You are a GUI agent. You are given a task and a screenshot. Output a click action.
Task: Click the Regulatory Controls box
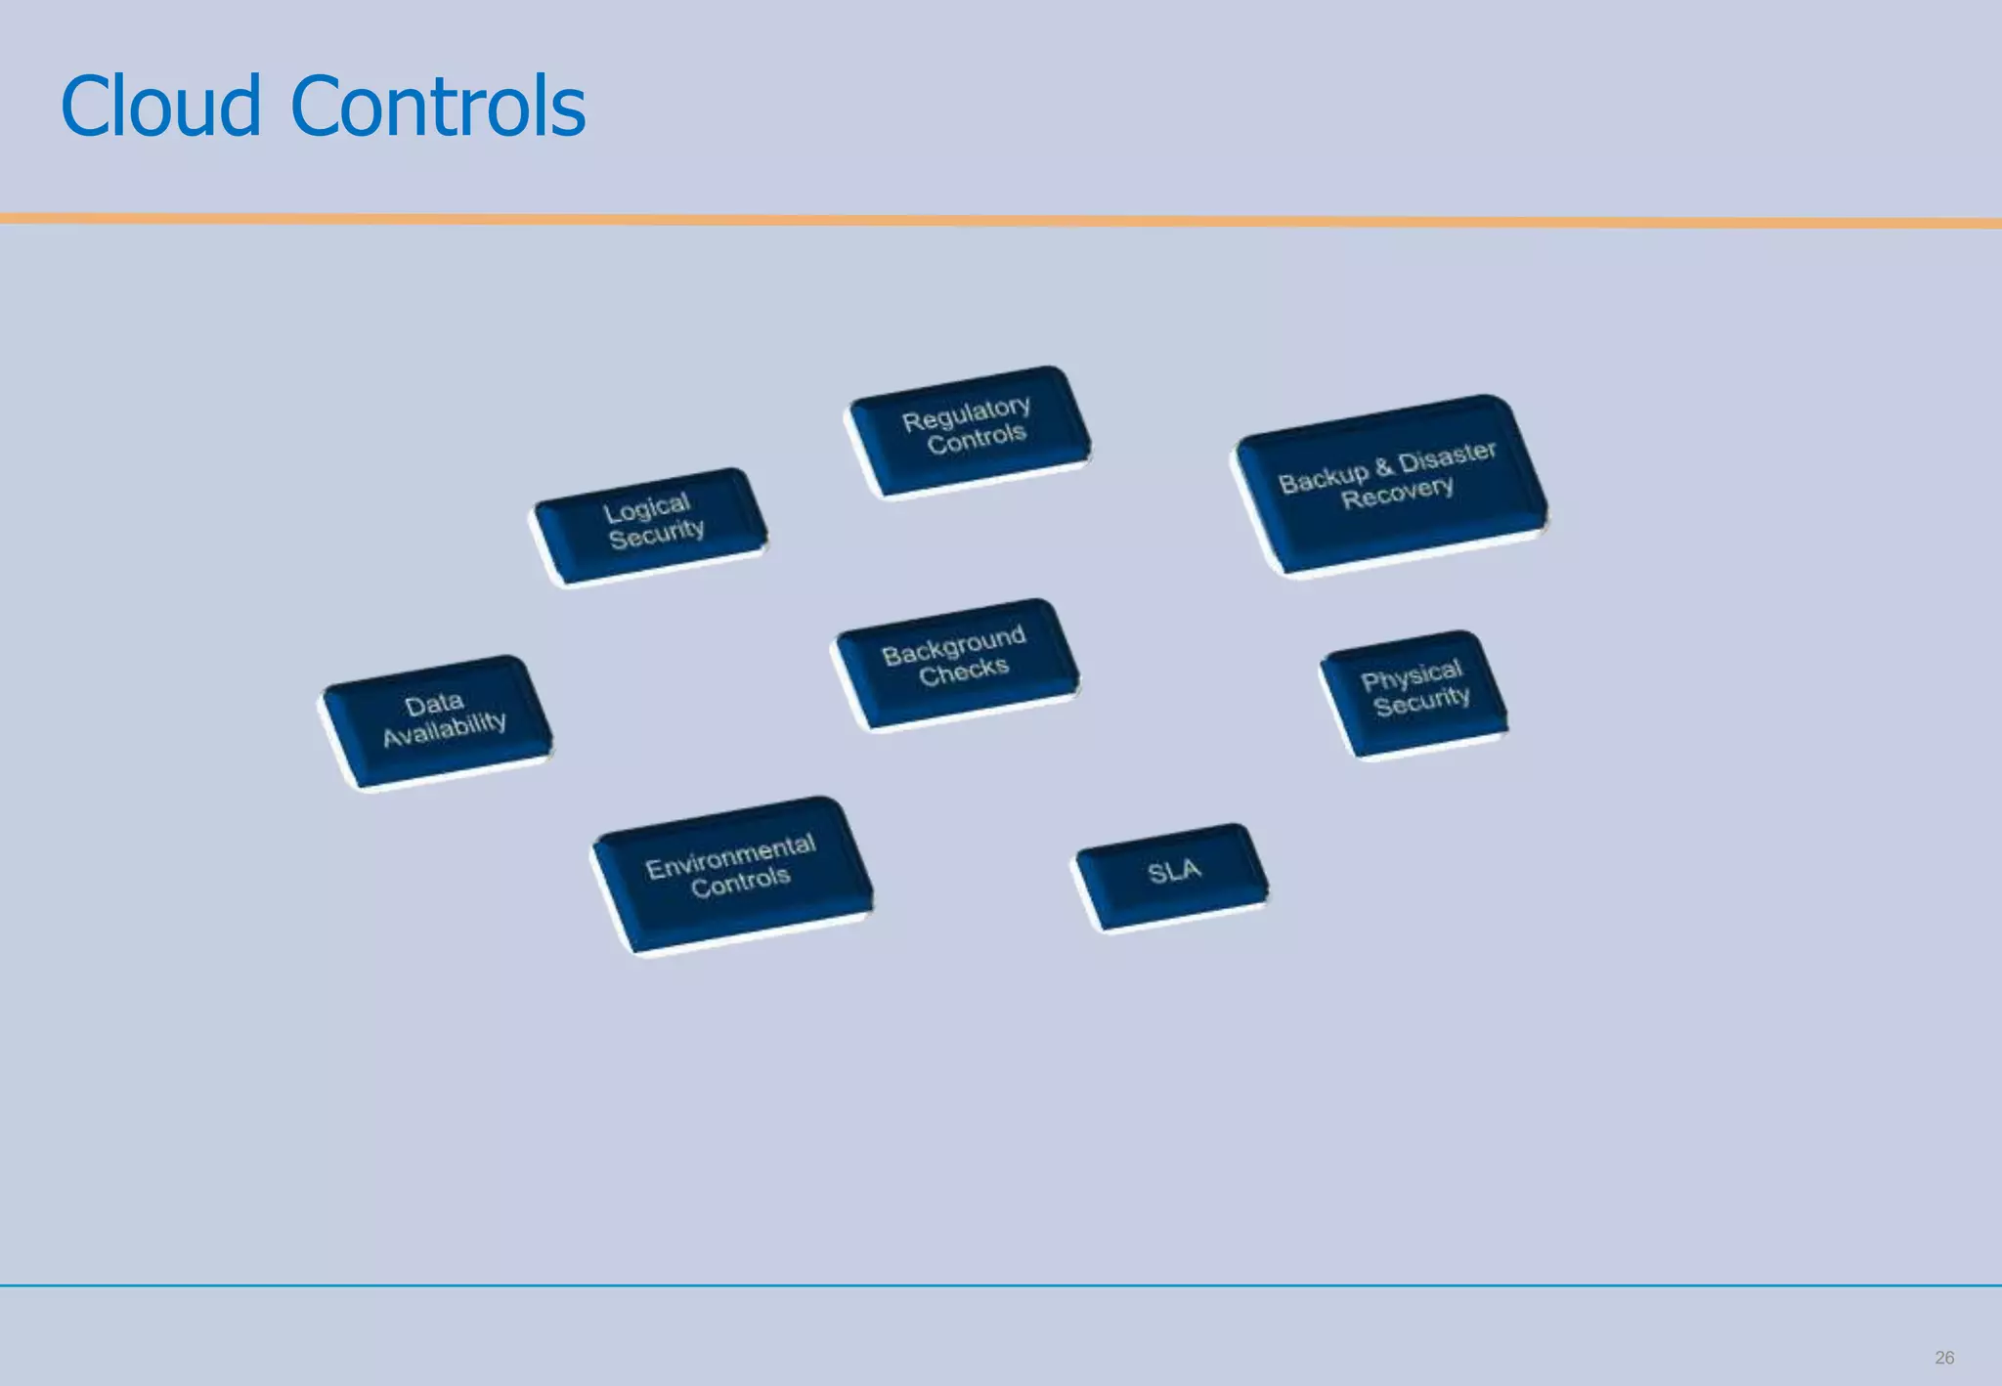968,430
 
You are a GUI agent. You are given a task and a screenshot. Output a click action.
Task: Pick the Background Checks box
955,661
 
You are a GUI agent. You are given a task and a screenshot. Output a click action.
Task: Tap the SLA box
1172,873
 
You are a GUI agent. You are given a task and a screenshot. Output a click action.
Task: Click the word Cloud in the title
160,107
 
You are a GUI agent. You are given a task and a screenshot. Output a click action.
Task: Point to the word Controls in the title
438,107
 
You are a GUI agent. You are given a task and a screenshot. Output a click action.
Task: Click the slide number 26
1943,1358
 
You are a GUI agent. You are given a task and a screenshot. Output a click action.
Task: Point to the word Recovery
1397,494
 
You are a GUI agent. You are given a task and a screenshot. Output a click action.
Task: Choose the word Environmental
730,856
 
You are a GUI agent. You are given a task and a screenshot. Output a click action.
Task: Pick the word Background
953,646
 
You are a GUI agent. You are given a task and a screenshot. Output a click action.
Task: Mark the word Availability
444,729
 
